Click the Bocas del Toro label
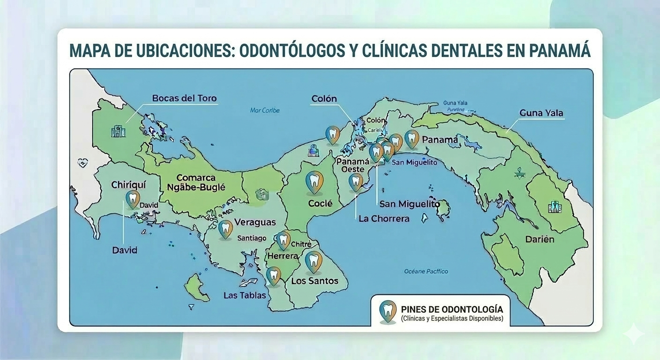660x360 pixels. [184, 98]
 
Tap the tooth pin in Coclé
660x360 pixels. [314, 182]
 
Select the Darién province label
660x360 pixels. [539, 239]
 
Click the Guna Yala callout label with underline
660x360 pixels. [541, 113]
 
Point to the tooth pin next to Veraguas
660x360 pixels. [225, 229]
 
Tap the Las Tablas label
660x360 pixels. [245, 295]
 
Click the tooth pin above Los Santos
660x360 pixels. [313, 261]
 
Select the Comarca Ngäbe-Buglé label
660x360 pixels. [196, 183]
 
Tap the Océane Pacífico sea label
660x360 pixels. [426, 271]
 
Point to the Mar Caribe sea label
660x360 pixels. [265, 111]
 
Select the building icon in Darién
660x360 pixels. [555, 207]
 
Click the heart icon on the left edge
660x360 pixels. [83, 163]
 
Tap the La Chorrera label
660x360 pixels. [383, 218]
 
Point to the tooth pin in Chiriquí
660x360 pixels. [133, 199]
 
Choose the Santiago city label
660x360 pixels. [252, 238]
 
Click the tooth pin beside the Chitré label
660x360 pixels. [283, 240]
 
